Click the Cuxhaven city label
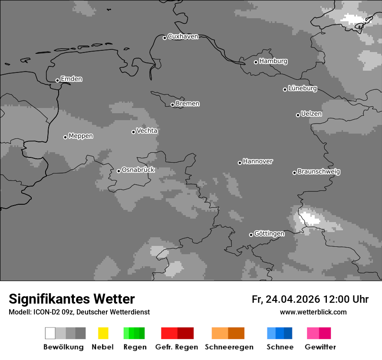click(x=183, y=37)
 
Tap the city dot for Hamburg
click(x=256, y=62)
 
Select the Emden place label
click(x=71, y=79)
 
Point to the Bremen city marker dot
click(x=172, y=105)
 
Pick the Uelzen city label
click(x=311, y=114)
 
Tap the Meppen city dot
click(x=65, y=137)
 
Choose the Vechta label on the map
click(x=147, y=131)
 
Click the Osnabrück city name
click(x=138, y=170)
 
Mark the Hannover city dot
click(x=240, y=163)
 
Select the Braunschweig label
click(x=319, y=172)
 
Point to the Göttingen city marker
click(x=251, y=235)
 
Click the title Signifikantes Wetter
click(x=72, y=299)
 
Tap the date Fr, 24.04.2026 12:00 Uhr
click(x=310, y=299)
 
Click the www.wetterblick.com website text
click(x=313, y=312)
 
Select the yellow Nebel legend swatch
click(x=103, y=333)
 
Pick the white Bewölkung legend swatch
click(x=50, y=333)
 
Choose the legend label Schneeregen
click(x=229, y=347)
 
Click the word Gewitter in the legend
click(x=320, y=347)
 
